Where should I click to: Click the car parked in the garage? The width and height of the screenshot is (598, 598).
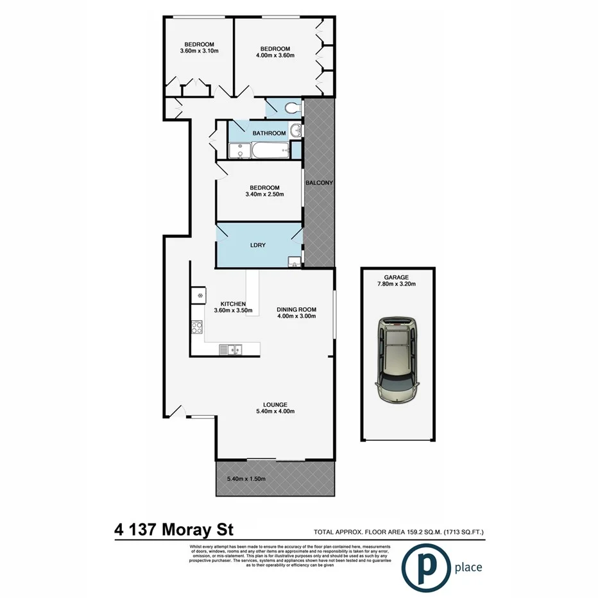(x=398, y=359)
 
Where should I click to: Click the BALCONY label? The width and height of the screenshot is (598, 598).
(x=319, y=183)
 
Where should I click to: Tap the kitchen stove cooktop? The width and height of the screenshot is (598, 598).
(x=197, y=327)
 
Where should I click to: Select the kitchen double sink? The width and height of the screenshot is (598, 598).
(x=229, y=350)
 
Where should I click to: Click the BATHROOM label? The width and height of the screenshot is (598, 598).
(x=268, y=133)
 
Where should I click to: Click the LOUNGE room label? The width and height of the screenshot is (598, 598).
(x=274, y=404)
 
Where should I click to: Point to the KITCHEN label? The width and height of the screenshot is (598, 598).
(x=233, y=303)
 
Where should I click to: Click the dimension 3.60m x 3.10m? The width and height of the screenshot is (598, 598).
(x=197, y=51)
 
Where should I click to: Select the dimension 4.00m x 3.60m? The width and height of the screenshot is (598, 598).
(x=275, y=56)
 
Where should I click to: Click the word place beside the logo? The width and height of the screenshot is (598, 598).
(x=468, y=568)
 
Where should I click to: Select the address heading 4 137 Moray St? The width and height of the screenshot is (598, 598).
(x=174, y=531)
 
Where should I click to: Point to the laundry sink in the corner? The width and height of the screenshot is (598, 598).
(x=294, y=261)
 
